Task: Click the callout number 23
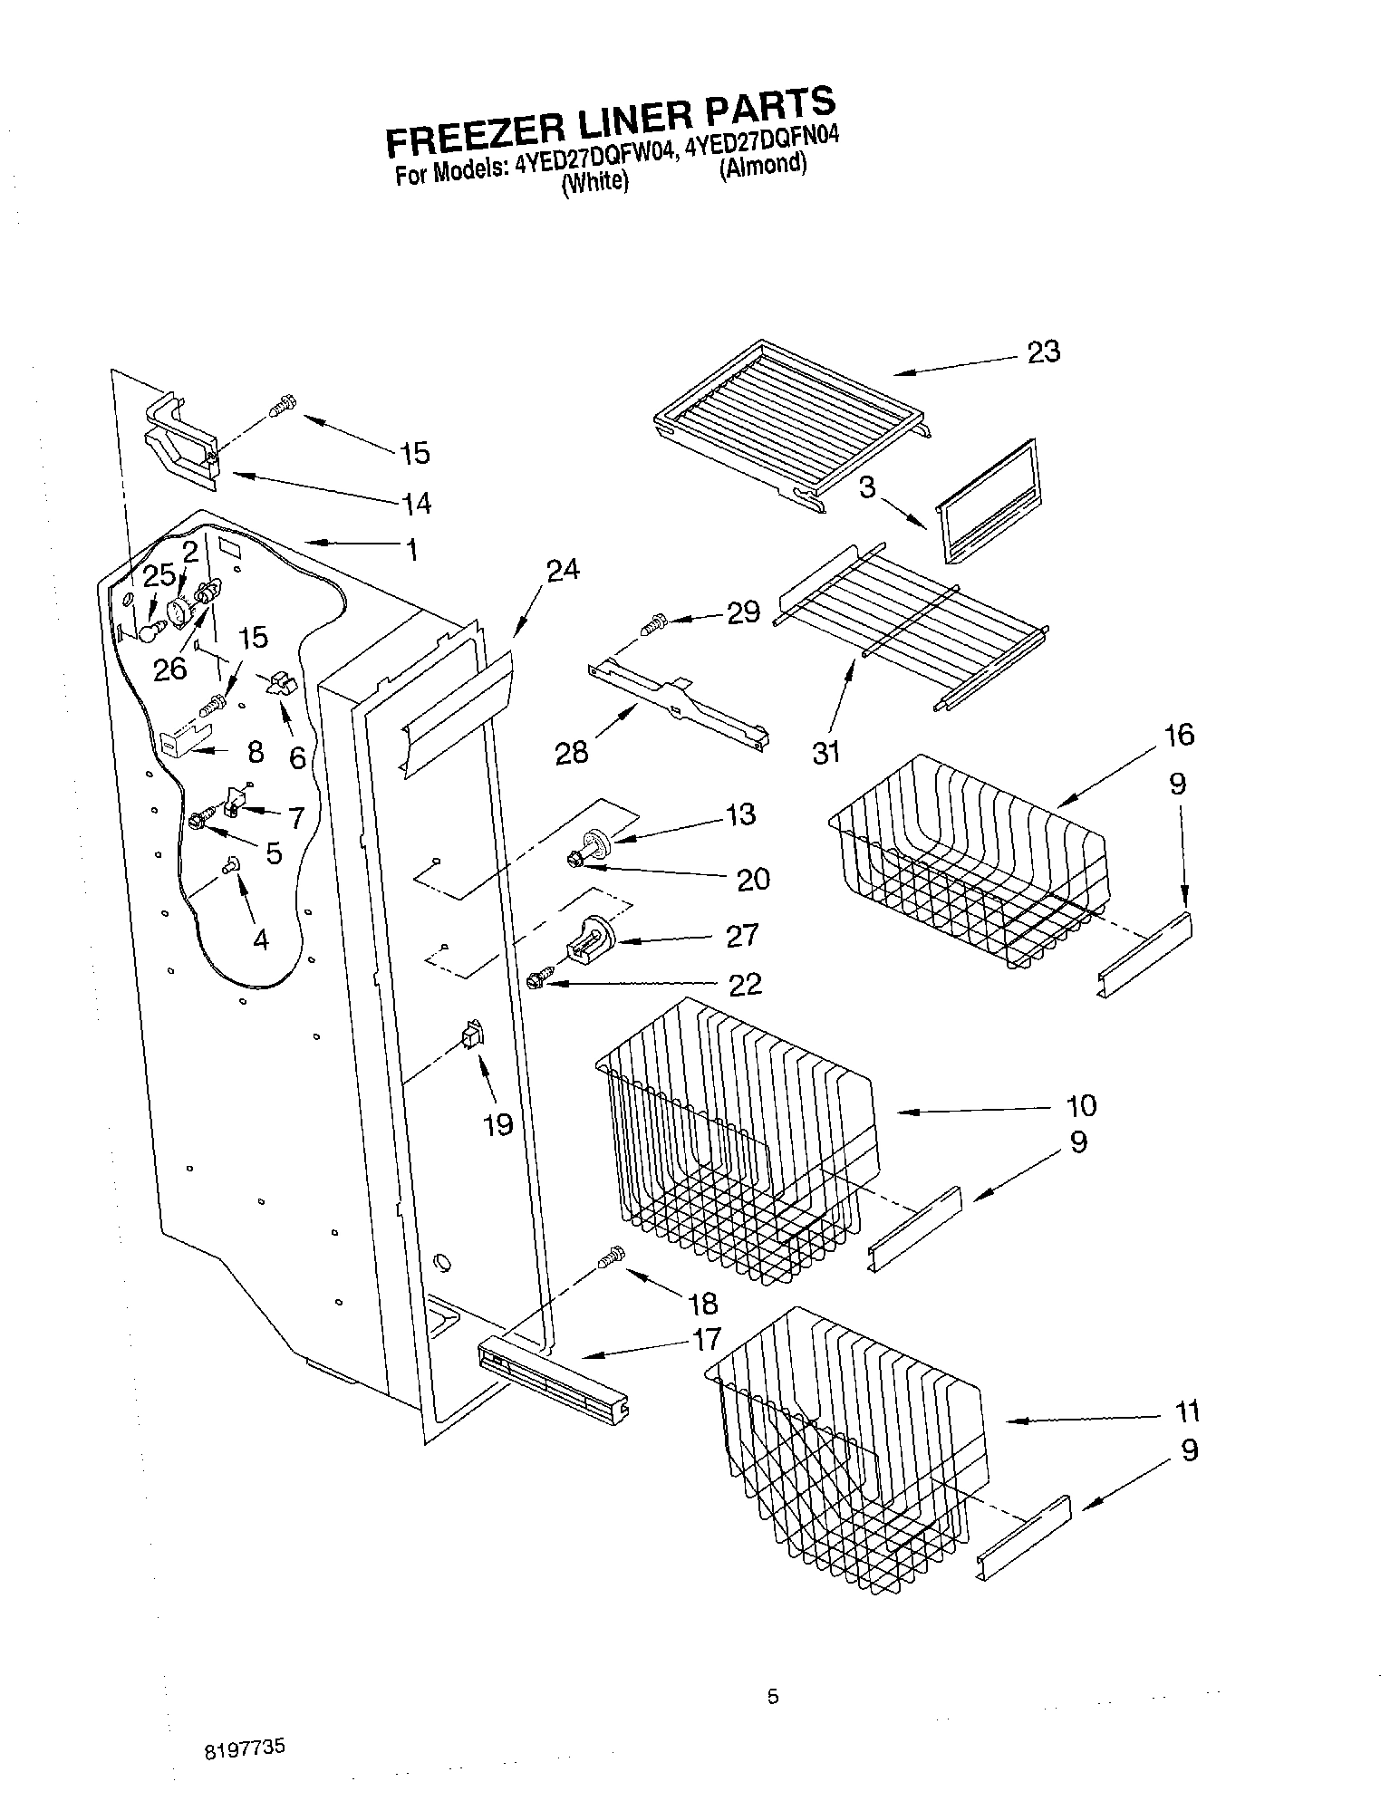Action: [x=1044, y=352]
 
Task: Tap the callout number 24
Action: [x=563, y=570]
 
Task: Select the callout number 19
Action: [x=498, y=1124]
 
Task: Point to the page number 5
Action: [x=772, y=1697]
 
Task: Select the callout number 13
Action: [x=740, y=814]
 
